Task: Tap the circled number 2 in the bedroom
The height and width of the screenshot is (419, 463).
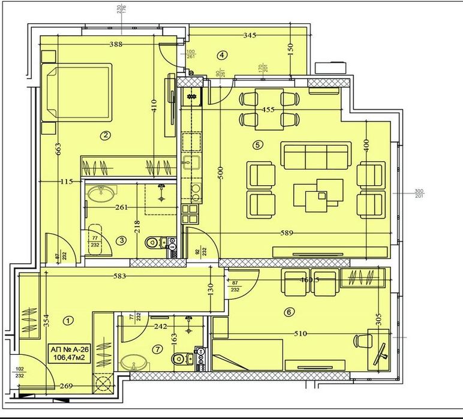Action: (x=106, y=135)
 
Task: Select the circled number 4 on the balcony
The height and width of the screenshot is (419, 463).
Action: (x=223, y=55)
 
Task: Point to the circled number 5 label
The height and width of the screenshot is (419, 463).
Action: (x=258, y=144)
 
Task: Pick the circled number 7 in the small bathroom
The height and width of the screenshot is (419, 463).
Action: (x=158, y=349)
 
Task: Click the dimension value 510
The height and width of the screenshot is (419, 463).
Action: (x=299, y=333)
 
